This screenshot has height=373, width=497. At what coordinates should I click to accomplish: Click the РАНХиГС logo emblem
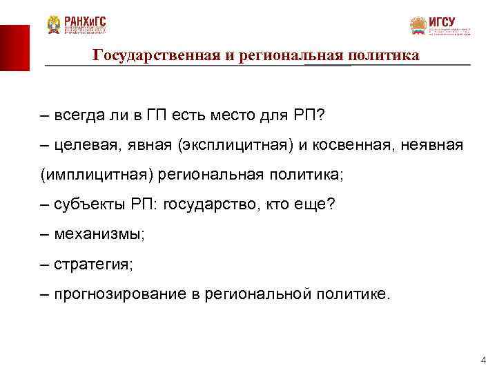tap(54, 26)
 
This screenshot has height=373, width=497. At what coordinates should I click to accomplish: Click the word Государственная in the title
tap(156, 55)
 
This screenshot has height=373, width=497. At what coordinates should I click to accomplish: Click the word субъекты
tap(86, 204)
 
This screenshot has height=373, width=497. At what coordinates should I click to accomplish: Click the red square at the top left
tap(14, 47)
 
